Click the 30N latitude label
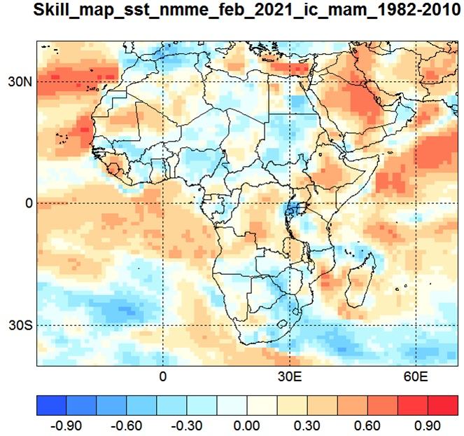20,82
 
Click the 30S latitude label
20,325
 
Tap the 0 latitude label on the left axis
29,203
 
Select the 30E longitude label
290,376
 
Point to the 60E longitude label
416,376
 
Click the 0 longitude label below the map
163,376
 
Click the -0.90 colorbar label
66,426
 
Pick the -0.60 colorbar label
126,426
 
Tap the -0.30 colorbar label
186,426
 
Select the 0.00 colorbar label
247,426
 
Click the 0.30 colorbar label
307,426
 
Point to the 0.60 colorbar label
367,426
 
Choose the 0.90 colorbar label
428,426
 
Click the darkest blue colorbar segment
52,405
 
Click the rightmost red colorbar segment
443,405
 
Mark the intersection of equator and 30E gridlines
290,203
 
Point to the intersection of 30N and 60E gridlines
416,82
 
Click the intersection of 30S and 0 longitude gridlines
163,325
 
